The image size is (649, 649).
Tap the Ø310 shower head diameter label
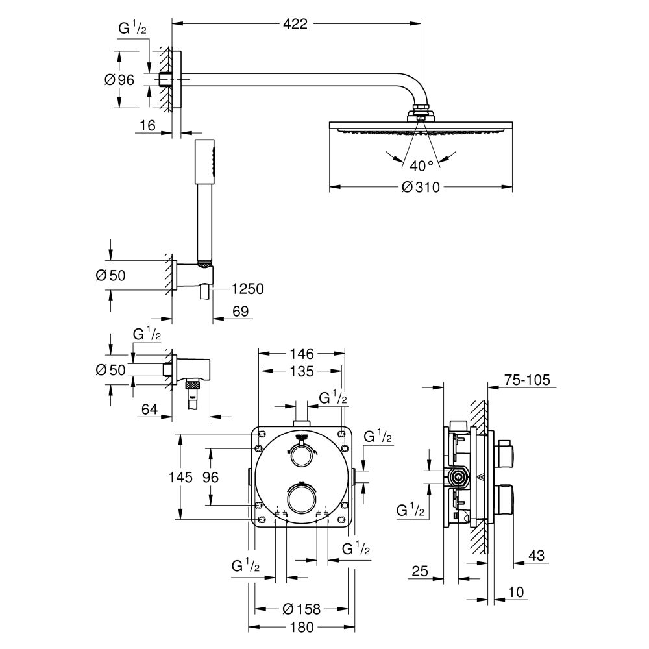(x=421, y=188)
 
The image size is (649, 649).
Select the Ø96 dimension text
(x=118, y=80)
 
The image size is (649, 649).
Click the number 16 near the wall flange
(x=147, y=125)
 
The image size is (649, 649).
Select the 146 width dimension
(x=302, y=354)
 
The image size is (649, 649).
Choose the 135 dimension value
(x=302, y=371)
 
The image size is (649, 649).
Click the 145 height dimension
(x=181, y=477)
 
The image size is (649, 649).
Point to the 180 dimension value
(x=302, y=627)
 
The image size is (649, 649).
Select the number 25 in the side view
(x=421, y=571)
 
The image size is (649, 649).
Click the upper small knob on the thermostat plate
(x=300, y=456)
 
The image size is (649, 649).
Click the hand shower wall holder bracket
(x=194, y=269)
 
